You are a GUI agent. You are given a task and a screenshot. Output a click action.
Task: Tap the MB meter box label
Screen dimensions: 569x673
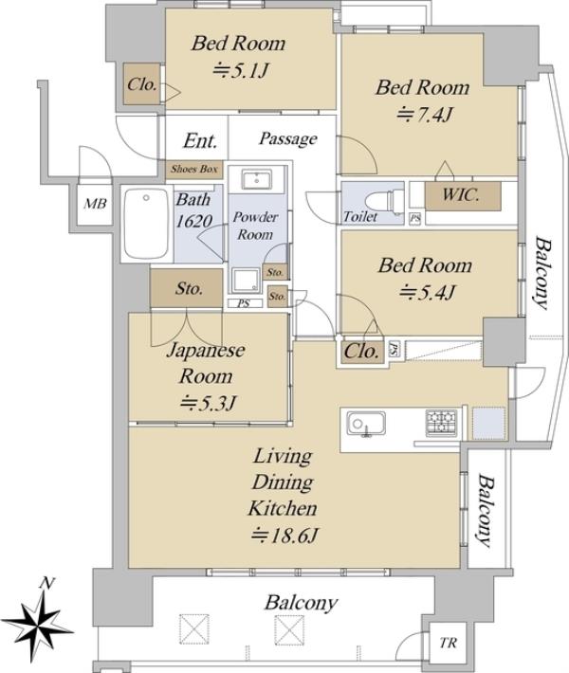95,204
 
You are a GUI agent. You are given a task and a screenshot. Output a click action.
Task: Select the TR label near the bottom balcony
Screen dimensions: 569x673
448,643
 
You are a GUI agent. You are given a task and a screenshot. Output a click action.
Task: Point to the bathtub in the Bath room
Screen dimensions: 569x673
146,224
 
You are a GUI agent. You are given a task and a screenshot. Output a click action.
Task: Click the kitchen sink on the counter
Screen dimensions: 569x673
366,423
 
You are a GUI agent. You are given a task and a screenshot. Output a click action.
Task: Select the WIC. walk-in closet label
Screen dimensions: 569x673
460,195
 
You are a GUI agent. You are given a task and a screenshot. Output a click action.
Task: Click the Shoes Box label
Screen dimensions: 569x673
194,169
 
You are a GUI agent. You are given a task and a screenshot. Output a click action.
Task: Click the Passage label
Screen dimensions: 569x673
288,139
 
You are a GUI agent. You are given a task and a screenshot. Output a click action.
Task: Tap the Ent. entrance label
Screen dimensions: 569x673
200,141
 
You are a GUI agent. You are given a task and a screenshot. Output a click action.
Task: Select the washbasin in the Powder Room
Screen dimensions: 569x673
256,179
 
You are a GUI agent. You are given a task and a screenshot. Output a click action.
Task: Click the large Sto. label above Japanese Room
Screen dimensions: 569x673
189,289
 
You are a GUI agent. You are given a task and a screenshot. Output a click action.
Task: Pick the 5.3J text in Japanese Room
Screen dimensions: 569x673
209,404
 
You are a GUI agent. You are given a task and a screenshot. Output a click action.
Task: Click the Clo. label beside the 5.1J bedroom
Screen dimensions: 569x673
141,84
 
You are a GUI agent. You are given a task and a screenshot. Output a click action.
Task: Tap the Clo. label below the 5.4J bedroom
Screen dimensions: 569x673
362,352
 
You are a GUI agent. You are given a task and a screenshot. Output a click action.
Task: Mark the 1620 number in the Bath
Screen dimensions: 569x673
194,221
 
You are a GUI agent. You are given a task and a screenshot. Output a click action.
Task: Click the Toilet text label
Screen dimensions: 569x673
360,217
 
